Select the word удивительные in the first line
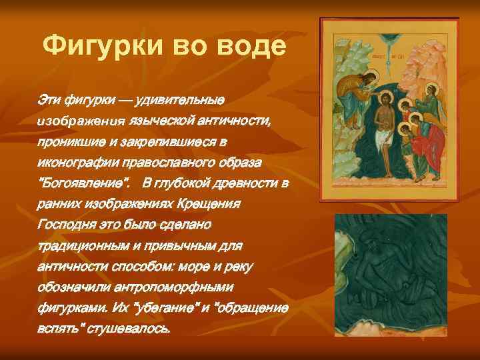(x=180, y=100)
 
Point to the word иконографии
(x=77, y=163)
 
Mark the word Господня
(x=66, y=225)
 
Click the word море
(x=197, y=267)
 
